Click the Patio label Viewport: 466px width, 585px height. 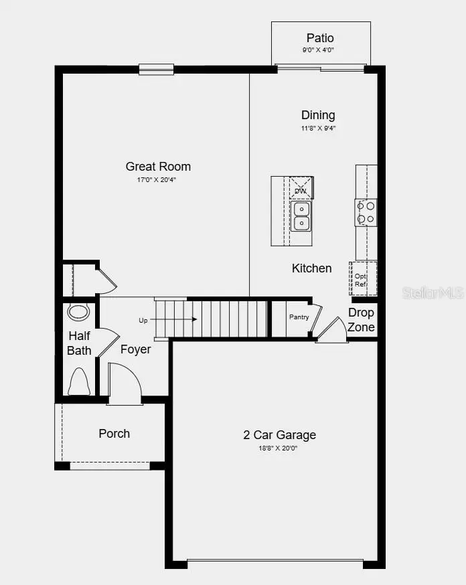(320, 38)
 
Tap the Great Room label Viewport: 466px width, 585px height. (158, 167)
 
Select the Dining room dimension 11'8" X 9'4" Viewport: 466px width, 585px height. (318, 128)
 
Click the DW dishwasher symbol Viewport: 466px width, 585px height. (301, 190)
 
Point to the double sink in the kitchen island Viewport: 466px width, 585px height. (301, 216)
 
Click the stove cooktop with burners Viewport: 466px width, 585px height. (366, 212)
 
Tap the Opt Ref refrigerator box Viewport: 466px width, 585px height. (362, 279)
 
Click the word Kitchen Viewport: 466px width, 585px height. (311, 268)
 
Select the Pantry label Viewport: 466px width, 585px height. (298, 317)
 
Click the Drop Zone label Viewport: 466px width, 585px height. (362, 320)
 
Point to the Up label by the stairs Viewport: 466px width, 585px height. (143, 321)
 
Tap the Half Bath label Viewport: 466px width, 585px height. (79, 343)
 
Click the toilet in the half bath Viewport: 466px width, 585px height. (79, 382)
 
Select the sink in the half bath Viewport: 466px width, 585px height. (79, 312)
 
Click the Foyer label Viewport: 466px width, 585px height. (135, 349)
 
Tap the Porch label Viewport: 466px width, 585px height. (114, 434)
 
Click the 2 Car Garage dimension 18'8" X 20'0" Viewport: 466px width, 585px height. (279, 448)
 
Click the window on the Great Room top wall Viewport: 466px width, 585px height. (156, 68)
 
